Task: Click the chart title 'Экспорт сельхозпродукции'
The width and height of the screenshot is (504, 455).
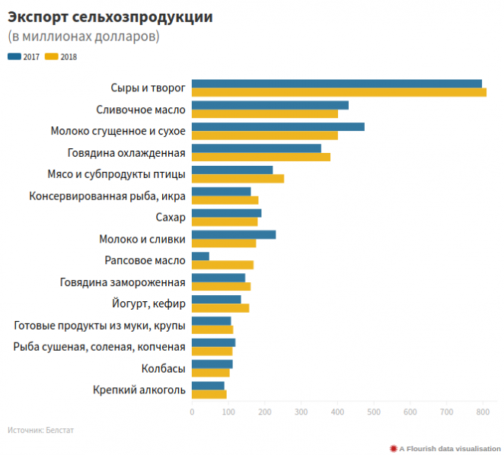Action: click(x=110, y=16)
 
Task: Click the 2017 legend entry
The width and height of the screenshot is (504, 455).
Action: click(x=24, y=57)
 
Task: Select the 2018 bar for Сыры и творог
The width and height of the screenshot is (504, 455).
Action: click(x=339, y=93)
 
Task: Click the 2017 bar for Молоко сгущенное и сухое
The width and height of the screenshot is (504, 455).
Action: click(x=278, y=127)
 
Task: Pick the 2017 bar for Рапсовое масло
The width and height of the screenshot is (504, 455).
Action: click(x=200, y=256)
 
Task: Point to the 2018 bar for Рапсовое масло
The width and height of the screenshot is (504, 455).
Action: click(x=222, y=265)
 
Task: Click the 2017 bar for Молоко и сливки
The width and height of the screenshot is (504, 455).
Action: click(x=234, y=234)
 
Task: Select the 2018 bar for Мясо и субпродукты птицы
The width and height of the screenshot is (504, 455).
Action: click(x=238, y=179)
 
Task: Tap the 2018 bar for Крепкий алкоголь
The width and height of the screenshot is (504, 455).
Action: click(x=209, y=394)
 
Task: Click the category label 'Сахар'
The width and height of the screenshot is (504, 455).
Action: click(x=170, y=218)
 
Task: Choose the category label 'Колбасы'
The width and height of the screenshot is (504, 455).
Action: click(x=163, y=369)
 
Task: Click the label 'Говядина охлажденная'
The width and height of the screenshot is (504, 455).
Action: click(x=126, y=153)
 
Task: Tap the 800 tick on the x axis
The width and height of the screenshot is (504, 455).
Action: click(x=483, y=412)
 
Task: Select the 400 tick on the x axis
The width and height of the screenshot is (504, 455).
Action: click(x=337, y=412)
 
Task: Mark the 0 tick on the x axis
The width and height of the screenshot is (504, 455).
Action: click(x=192, y=412)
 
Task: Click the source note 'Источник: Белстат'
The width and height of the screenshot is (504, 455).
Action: click(x=41, y=430)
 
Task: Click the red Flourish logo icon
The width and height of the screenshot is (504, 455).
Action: click(x=394, y=448)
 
